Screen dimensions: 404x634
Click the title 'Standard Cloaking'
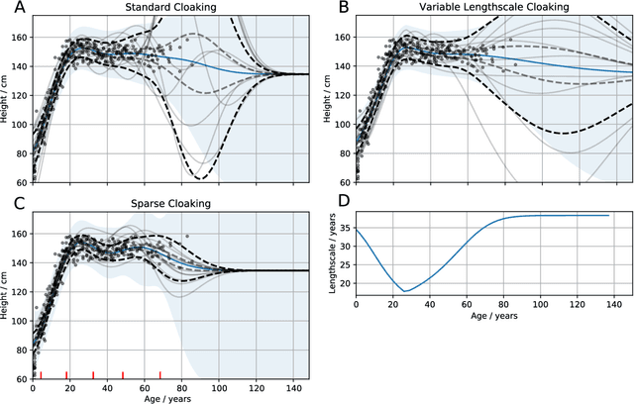(x=170, y=9)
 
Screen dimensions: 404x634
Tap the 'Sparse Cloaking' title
(x=170, y=204)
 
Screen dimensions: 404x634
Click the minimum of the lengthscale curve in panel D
(x=405, y=291)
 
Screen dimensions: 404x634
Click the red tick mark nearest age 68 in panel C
(x=160, y=374)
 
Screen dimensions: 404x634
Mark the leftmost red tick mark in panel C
(x=40, y=374)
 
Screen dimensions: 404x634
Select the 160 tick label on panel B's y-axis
(x=343, y=37)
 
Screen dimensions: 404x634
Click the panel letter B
(x=344, y=9)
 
